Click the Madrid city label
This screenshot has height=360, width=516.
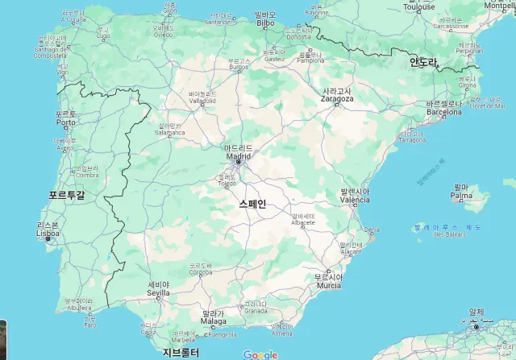pyautogui.click(x=239, y=155)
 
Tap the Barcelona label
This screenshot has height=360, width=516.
pyautogui.click(x=444, y=113)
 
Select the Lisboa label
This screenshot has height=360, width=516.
pyautogui.click(x=48, y=234)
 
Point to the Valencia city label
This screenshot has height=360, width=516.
pyautogui.click(x=355, y=199)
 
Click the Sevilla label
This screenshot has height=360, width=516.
pyautogui.click(x=158, y=292)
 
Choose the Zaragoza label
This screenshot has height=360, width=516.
pyautogui.click(x=336, y=99)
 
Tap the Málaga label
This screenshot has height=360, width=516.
pyautogui.click(x=214, y=321)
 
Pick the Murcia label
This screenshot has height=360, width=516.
pyautogui.click(x=328, y=285)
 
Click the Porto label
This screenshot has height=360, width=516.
pyautogui.click(x=65, y=122)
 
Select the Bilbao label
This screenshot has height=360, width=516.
pyautogui.click(x=265, y=23)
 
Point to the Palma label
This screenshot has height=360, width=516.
pyautogui.click(x=461, y=196)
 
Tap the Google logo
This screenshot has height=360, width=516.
pyautogui.click(x=260, y=354)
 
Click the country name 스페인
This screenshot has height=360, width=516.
pyautogui.click(x=252, y=205)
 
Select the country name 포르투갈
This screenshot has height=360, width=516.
pyautogui.click(x=66, y=196)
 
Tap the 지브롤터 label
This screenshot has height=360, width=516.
pyautogui.click(x=181, y=353)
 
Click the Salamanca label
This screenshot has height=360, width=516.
pyautogui.click(x=170, y=133)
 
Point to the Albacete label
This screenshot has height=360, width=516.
pyautogui.click(x=302, y=224)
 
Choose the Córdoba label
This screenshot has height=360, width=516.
pyautogui.click(x=201, y=272)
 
